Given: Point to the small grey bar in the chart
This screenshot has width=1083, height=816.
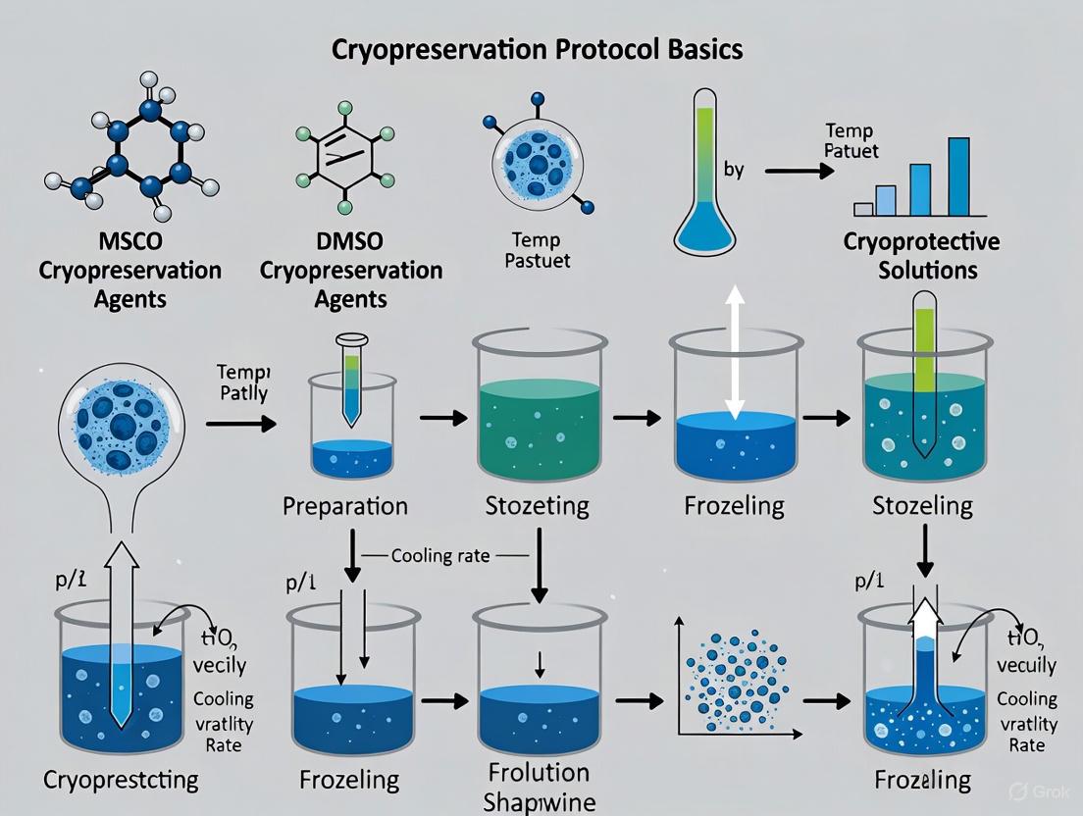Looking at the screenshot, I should coord(863,208).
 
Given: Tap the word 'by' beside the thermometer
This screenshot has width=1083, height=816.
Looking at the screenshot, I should coord(733,170).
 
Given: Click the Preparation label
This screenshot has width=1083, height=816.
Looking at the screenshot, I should coord(344,507).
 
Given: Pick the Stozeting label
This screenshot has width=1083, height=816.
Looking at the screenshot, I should coord(537,507).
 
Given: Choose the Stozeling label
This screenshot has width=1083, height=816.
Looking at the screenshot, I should coord(922,507).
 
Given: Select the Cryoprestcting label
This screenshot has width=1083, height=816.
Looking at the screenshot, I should coord(121,780).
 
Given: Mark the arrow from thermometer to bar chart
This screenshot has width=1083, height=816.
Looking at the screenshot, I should coord(798,171).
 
